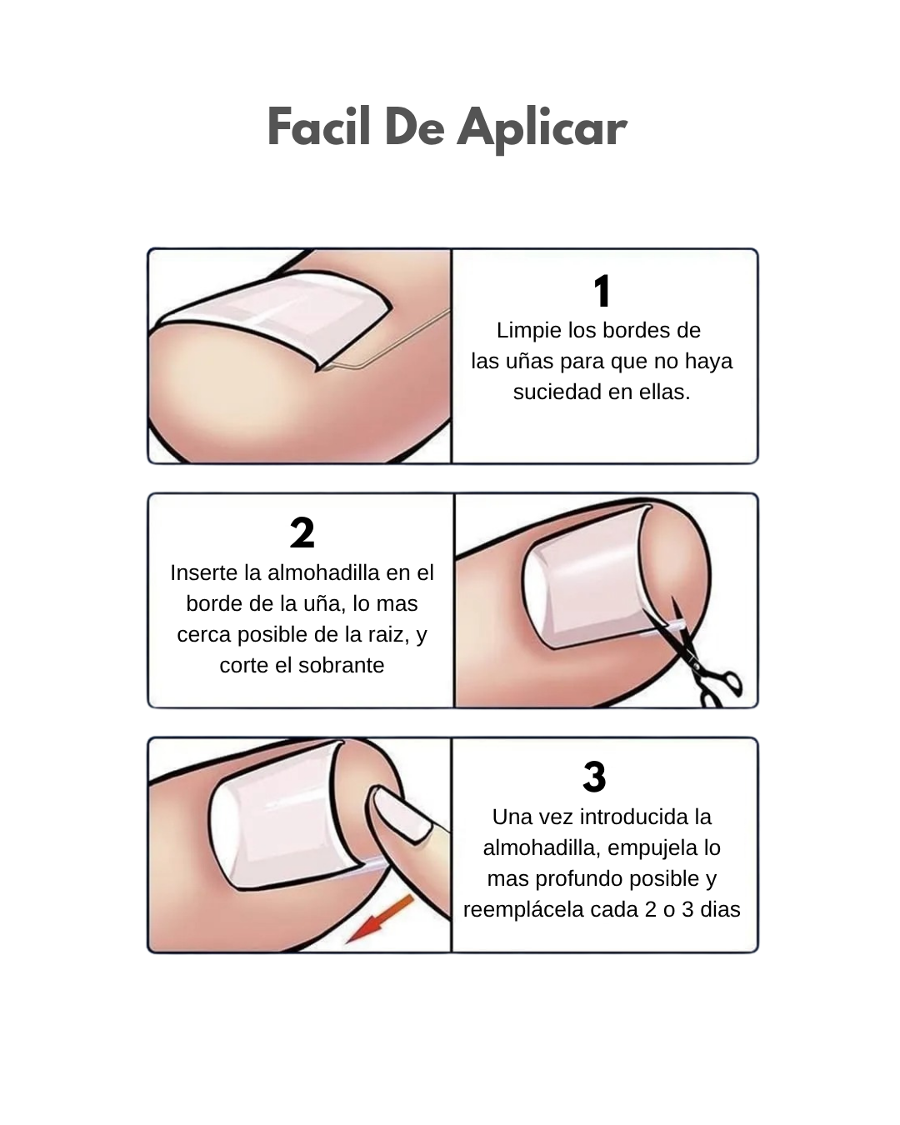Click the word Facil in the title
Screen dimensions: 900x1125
pos(318,127)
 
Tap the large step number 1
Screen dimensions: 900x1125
pos(602,291)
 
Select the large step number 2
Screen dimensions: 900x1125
pos(302,532)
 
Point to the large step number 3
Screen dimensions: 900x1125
pos(595,777)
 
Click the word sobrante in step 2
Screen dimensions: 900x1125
pos(341,666)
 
